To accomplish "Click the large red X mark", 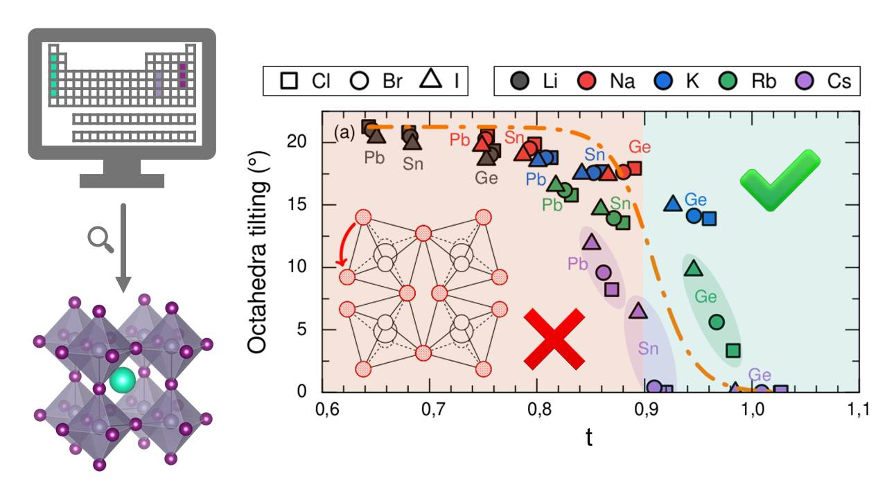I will click(553, 339).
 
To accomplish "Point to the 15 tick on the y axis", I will click(300, 205).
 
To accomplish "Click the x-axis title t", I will click(588, 438).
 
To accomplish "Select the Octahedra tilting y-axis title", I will click(259, 255).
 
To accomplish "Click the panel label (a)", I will click(344, 132).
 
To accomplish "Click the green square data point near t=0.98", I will click(732, 350).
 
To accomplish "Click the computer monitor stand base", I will click(122, 181).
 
